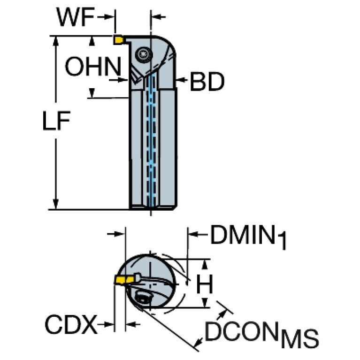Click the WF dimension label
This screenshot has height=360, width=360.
tap(75, 18)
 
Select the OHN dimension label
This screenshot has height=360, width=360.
tap(92, 68)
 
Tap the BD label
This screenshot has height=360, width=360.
tap(207, 83)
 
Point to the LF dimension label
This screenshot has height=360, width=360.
tap(55, 123)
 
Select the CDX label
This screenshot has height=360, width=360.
tap(71, 324)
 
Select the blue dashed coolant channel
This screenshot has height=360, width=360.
tap(151, 141)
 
